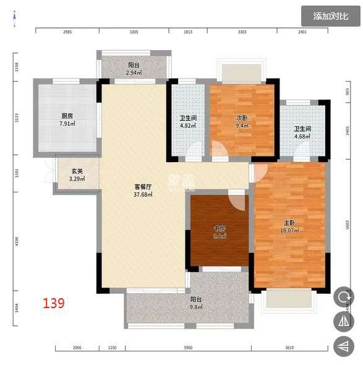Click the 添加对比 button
tap(330, 16)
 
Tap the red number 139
tap(53, 303)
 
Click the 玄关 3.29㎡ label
tap(77, 175)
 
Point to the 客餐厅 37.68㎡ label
tap(143, 190)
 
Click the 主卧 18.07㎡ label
tap(289, 226)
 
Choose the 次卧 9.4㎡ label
tap(242, 121)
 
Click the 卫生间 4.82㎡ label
tap(188, 122)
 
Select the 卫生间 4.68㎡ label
tap(302, 132)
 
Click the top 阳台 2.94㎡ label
tap(134, 69)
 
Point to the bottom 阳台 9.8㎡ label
tap(196, 303)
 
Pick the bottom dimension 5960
tap(189, 348)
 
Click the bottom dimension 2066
tap(77, 348)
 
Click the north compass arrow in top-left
tap(14, 24)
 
